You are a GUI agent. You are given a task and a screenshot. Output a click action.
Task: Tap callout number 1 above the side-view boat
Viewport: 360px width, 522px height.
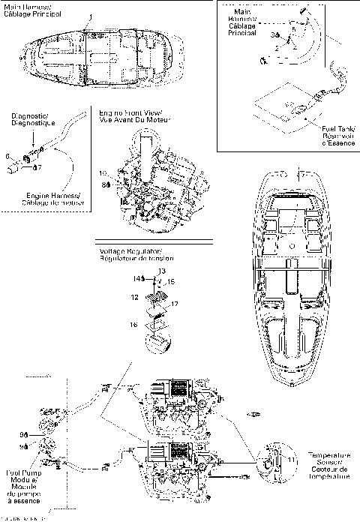(x=91, y=16)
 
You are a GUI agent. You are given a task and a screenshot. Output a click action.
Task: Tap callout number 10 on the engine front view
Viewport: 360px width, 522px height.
(x=102, y=173)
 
